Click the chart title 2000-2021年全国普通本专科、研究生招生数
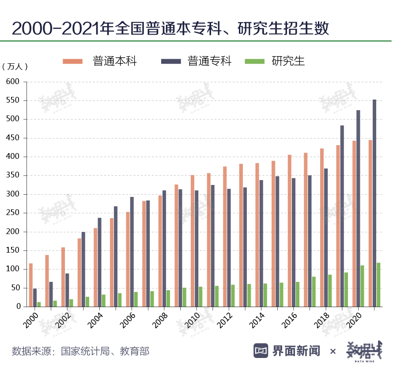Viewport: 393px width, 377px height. tap(170, 29)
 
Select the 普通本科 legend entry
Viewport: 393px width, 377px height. tap(115, 61)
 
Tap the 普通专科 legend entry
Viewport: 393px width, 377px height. tap(209, 61)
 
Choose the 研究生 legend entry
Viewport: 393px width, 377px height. tap(288, 61)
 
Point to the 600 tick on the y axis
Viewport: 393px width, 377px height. tap(13, 82)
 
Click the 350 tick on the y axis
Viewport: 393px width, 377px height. tap(13, 176)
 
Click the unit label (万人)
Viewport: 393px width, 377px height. tap(15, 67)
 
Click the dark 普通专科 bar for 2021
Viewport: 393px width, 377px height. tap(374, 203)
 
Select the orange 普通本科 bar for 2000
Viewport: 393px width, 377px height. tap(31, 285)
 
